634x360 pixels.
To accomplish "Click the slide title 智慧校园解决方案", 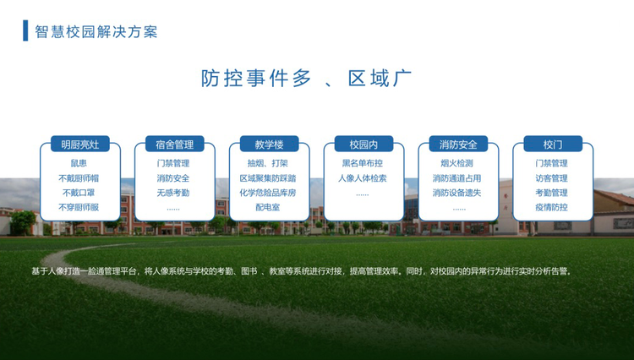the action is pos(96,31).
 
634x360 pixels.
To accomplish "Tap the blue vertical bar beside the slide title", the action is pos(25,30).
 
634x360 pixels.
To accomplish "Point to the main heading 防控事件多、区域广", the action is pos(306,78).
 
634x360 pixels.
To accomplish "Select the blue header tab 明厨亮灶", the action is pos(80,145).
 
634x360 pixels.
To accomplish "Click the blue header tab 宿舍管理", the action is pos(175,145).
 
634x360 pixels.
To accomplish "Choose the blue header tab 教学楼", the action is pos(270,145).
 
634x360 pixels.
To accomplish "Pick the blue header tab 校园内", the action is pos(363,145).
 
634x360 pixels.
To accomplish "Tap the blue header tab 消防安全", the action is pos(458,145).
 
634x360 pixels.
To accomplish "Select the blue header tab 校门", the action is pos(553,145).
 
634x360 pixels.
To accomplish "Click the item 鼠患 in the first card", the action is pos(79,163).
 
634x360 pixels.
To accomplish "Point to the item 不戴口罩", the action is pos(79,193).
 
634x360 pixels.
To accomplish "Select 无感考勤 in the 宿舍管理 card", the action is pos(173,193).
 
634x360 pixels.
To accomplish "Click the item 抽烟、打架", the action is pos(268,163).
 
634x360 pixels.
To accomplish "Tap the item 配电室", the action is pos(268,207).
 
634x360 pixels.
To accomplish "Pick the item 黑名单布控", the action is pos(363,163).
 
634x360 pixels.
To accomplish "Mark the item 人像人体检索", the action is pos(363,178).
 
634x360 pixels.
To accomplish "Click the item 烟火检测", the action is pos(456,163).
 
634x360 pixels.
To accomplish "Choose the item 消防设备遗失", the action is pos(456,193).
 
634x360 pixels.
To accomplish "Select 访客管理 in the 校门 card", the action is pos(551,178).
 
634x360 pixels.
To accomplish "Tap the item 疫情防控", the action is pos(551,207).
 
